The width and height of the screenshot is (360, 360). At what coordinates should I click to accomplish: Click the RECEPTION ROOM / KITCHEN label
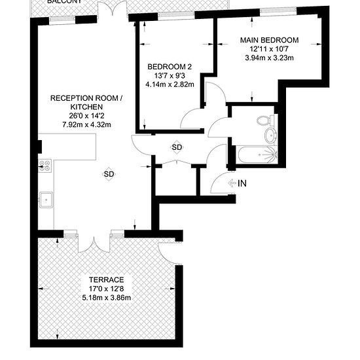[86, 102]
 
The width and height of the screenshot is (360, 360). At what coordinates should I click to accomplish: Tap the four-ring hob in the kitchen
[46, 166]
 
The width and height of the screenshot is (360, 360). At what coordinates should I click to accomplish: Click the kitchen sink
[45, 198]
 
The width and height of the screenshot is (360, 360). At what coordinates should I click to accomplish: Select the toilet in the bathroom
[266, 120]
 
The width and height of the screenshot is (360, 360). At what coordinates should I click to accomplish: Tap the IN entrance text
[242, 183]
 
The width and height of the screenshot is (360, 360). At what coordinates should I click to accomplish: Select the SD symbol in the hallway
[177, 147]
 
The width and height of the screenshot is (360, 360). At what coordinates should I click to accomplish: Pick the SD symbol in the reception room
[109, 174]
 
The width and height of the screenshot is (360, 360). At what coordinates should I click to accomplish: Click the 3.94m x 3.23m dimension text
[268, 58]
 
